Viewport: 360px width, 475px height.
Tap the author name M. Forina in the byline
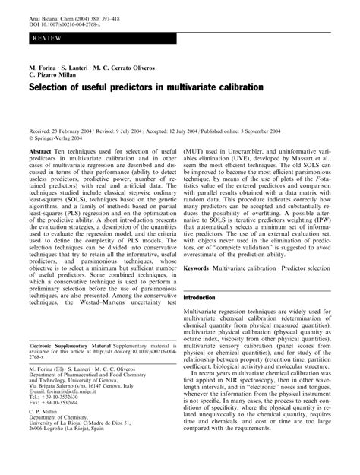44,67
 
